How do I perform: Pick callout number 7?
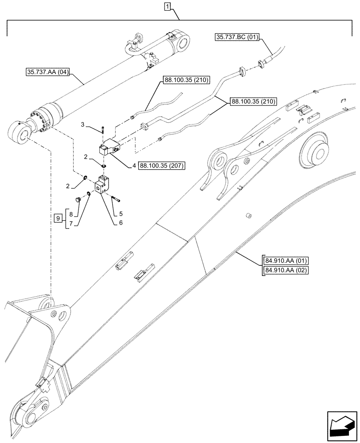70,224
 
